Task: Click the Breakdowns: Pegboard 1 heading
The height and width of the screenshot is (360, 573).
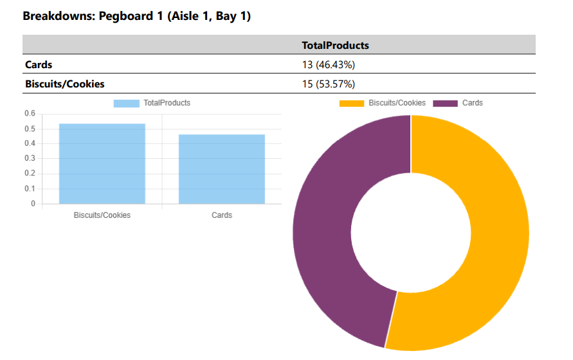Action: point(136,16)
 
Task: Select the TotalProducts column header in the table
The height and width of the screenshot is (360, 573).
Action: point(335,46)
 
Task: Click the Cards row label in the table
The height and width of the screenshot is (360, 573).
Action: point(39,64)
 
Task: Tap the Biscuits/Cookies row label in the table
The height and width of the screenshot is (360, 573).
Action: point(64,84)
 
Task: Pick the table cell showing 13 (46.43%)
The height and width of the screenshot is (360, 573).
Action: point(329,64)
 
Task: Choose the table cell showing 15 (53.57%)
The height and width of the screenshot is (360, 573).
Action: point(329,84)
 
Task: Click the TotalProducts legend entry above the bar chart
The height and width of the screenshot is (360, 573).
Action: point(152,103)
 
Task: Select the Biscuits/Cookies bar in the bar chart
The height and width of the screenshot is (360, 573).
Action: point(102,164)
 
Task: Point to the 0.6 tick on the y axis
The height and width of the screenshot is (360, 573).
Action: point(30,113)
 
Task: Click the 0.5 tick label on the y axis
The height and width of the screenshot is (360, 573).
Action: point(30,129)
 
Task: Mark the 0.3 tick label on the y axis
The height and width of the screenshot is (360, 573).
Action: point(30,159)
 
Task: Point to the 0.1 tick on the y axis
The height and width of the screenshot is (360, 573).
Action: point(30,189)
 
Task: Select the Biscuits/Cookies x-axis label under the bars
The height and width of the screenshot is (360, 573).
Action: point(102,215)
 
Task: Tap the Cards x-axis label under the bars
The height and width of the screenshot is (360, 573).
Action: point(222,215)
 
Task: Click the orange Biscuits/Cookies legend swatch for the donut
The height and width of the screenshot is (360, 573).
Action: point(351,103)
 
